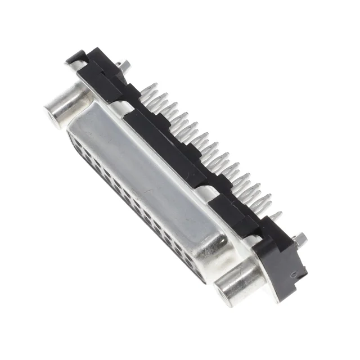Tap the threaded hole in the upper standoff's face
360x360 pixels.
[57, 112]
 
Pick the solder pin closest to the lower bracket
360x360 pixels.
[274, 217]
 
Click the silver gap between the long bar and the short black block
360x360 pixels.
[209, 194]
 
